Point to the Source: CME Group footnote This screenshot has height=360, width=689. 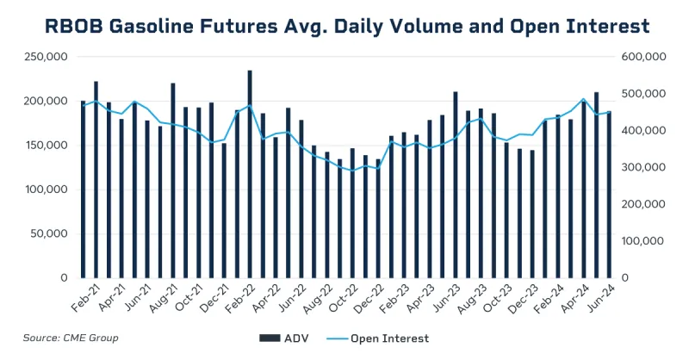(x=71, y=338)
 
